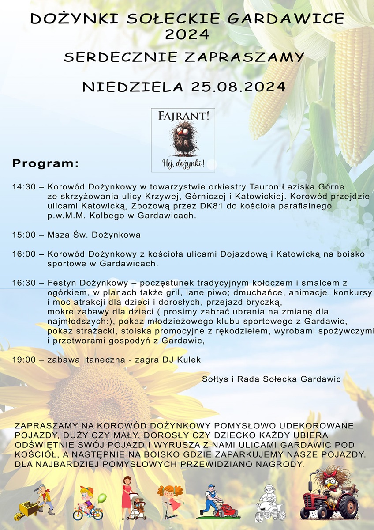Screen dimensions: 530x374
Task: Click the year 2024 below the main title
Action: (187, 34)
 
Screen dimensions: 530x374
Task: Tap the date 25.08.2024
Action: (239, 87)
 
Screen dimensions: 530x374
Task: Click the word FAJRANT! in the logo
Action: (183, 116)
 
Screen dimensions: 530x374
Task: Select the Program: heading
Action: (45, 163)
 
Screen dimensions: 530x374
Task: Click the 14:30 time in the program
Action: (24, 187)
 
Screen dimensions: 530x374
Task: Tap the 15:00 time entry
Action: (24, 235)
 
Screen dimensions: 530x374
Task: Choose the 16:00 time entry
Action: (24, 254)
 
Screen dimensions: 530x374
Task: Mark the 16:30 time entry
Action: (24, 283)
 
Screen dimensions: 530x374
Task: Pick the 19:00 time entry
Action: (24, 360)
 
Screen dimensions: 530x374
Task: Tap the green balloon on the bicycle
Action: (102, 498)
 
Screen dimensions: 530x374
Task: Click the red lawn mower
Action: (227, 510)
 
